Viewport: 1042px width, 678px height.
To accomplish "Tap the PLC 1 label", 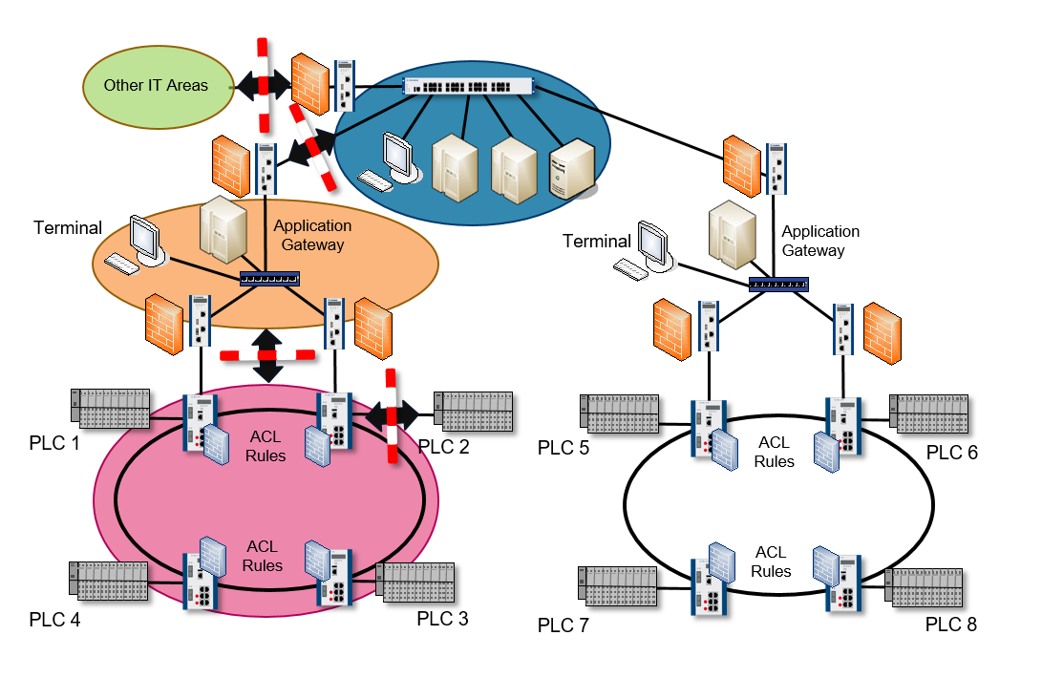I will pos(53,444).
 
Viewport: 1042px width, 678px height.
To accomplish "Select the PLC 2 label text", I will pos(443,446).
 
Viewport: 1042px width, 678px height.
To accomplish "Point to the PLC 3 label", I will pos(442,618).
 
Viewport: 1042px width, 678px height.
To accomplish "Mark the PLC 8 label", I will pos(951,625).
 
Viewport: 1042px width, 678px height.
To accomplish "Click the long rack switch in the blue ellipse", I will pos(468,85).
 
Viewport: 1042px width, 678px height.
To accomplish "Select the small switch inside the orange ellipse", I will pos(269,279).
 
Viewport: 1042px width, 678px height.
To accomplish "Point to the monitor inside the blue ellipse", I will pos(398,155).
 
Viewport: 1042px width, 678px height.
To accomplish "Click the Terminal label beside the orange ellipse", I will pos(68,228).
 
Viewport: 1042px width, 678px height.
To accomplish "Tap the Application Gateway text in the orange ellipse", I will pos(312,236).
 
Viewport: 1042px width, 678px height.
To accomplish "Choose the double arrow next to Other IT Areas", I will pos(263,85).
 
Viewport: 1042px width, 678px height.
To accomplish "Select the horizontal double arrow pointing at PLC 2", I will pos(392,414).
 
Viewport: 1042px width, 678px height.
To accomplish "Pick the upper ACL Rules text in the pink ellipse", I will pos(266,447).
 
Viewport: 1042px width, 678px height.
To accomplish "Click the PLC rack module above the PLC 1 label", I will pos(111,407).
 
